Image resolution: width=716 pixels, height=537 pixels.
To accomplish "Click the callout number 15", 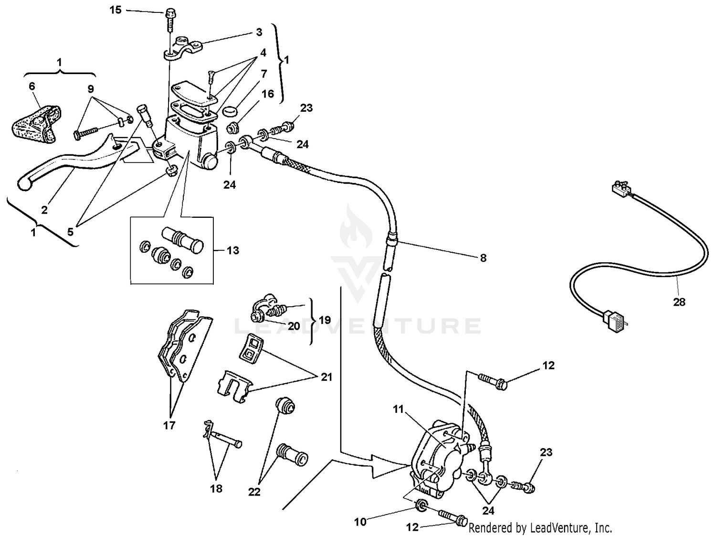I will [x=116, y=10].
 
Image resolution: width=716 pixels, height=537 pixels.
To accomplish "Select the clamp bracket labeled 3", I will [x=184, y=48].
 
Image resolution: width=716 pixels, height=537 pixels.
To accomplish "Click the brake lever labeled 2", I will [x=72, y=162].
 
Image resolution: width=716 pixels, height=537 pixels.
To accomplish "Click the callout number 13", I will [x=233, y=250].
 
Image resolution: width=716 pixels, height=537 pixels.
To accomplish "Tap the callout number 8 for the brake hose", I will [x=483, y=258].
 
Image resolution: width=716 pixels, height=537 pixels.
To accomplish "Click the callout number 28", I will [x=679, y=302].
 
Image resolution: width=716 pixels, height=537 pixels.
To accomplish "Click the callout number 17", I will [x=169, y=425].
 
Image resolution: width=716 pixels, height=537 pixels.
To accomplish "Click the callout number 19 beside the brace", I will [x=325, y=320].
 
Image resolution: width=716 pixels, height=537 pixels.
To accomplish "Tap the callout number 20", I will [x=294, y=326].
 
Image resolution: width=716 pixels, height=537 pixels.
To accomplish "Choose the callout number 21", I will [x=326, y=377].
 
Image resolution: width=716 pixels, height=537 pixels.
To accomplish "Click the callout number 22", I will [x=254, y=492].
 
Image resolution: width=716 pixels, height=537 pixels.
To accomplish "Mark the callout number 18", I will [x=216, y=488].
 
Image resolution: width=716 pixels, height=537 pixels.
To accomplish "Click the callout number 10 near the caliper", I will [x=360, y=522].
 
